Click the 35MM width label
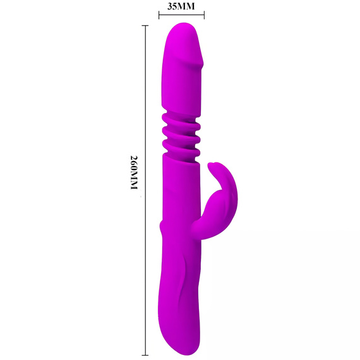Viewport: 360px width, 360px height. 181,6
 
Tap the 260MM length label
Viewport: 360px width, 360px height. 134,172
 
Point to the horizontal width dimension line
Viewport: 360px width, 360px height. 181,15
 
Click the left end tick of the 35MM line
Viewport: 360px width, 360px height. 159,15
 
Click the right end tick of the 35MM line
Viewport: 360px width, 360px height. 204,15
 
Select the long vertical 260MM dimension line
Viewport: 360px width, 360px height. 145,190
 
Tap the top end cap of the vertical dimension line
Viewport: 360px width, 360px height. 145,26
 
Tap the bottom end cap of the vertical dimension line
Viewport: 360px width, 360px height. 145,355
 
